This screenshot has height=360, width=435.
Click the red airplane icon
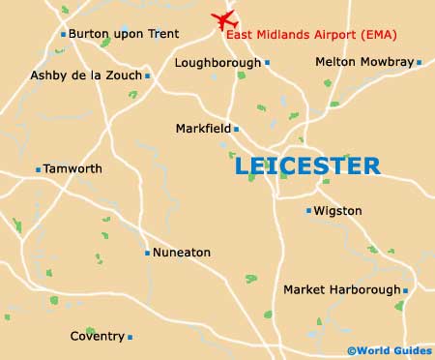tap(225, 18)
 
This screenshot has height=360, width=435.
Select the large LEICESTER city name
tap(307, 165)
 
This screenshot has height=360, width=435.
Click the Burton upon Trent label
tap(124, 34)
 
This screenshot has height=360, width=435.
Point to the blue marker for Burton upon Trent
tap(63, 34)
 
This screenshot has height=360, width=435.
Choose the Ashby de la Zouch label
tap(85, 75)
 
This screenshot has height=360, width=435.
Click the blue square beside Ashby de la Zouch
tap(147, 75)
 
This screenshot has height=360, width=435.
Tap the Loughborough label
tap(217, 63)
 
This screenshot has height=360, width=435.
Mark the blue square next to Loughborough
tap(267, 63)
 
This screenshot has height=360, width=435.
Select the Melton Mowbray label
tap(363, 62)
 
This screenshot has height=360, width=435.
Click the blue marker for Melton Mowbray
tap(419, 62)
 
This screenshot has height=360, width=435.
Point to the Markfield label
tap(202, 128)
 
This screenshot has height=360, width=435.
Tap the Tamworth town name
tap(74, 168)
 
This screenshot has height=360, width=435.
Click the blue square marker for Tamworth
tap(39, 169)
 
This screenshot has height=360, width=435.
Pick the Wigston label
tap(337, 210)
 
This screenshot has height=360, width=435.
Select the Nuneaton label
tap(182, 253)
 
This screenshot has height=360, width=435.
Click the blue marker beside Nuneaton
tap(147, 253)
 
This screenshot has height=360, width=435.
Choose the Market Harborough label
tap(341, 289)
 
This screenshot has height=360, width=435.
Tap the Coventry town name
tap(97, 337)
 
